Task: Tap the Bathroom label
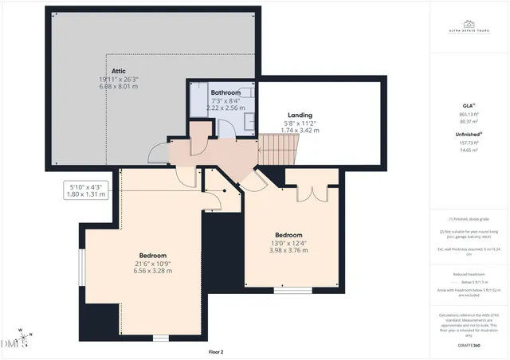(x=220, y=92)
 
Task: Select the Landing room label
(x=300, y=115)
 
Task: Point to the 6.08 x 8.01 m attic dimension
(x=118, y=88)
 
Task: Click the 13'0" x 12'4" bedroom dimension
(x=288, y=243)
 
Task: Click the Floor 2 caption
(x=216, y=351)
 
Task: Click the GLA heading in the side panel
(x=468, y=104)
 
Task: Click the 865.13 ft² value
(x=468, y=113)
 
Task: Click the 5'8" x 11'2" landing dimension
(x=300, y=123)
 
